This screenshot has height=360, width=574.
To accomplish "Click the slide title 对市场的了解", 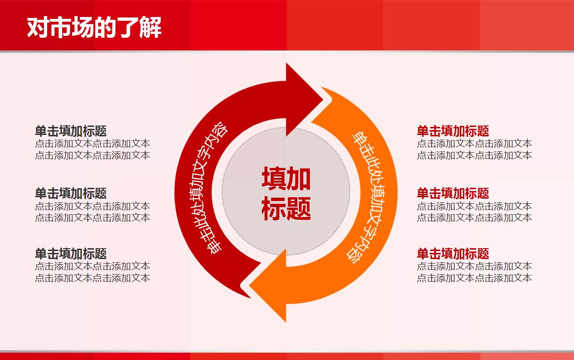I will click(x=94, y=27).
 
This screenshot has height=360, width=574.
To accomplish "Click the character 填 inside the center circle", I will click(x=274, y=179).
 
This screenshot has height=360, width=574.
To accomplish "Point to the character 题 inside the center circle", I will click(x=299, y=208).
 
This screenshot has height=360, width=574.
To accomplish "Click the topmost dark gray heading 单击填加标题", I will click(x=71, y=131).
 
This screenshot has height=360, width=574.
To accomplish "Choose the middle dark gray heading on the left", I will click(x=71, y=193).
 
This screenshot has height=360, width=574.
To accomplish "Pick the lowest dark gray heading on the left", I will click(x=71, y=253).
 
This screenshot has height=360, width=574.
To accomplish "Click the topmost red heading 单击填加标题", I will click(x=453, y=131).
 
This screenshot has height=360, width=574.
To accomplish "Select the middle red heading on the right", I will click(x=453, y=193).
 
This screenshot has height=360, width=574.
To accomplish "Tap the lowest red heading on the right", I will click(x=453, y=253).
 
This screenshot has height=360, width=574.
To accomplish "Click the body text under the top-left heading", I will click(x=92, y=150).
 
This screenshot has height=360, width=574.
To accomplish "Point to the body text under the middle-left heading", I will click(x=92, y=212).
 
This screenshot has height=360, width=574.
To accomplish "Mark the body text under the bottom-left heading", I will click(x=92, y=272).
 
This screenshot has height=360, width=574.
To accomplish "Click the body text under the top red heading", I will click(x=474, y=150).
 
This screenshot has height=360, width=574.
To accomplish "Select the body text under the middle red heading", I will click(x=474, y=212).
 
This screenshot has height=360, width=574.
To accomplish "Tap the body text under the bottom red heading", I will click(x=474, y=272).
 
